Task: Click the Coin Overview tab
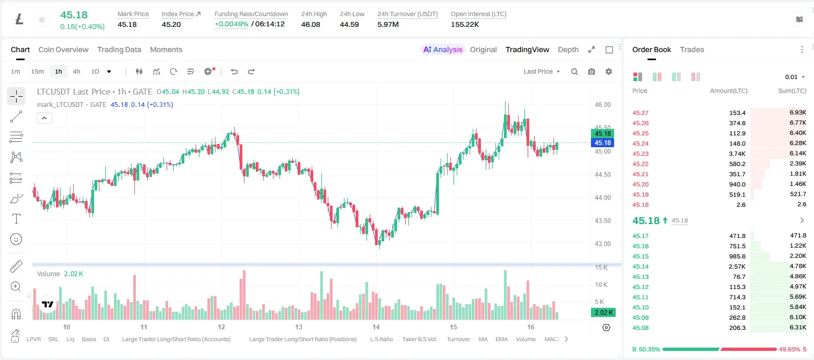click(x=63, y=49)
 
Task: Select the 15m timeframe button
click(x=38, y=71)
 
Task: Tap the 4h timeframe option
click(x=76, y=71)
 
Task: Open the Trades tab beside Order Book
click(x=692, y=49)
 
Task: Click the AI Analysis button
click(x=443, y=49)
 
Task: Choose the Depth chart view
click(x=568, y=49)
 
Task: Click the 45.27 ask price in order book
click(x=640, y=113)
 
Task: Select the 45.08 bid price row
click(x=640, y=328)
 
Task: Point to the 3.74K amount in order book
click(x=737, y=154)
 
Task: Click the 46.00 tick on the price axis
click(x=603, y=105)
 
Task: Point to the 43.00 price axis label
click(x=603, y=244)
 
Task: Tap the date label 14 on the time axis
click(x=376, y=327)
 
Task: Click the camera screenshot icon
click(x=592, y=71)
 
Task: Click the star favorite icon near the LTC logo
click(x=42, y=19)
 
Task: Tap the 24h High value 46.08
click(x=311, y=24)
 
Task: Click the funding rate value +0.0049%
click(x=232, y=24)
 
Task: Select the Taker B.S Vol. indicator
click(x=419, y=339)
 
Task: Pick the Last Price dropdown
click(x=542, y=71)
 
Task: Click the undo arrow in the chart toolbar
click(x=234, y=71)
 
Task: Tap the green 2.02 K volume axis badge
click(x=603, y=312)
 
